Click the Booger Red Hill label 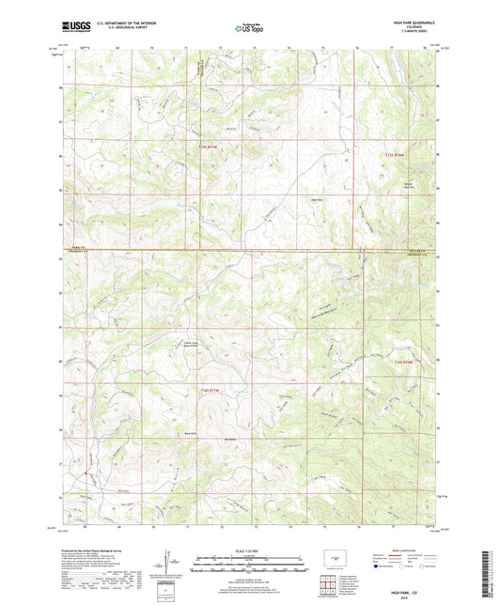coord(408,185)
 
